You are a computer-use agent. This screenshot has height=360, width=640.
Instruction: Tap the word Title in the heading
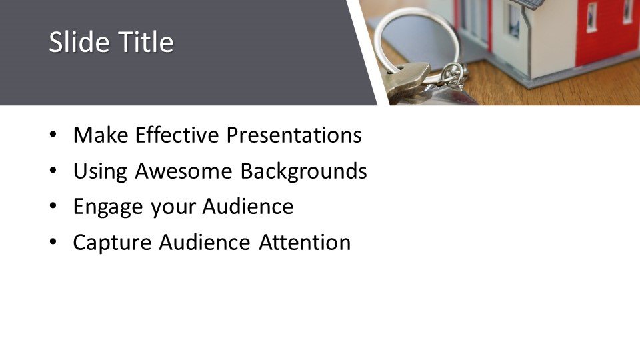point(146,42)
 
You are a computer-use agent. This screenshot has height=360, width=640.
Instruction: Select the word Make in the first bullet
point(101,135)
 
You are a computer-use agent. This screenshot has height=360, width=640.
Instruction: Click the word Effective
point(177,135)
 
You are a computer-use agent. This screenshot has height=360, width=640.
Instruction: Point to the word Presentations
point(294,135)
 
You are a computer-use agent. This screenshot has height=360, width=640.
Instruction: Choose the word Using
point(100,171)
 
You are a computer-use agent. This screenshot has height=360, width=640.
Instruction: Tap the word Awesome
point(184,171)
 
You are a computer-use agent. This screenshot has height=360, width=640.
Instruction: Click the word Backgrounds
point(304,171)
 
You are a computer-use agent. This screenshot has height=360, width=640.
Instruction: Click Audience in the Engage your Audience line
point(248,206)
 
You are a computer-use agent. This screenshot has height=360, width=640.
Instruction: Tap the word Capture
point(112,243)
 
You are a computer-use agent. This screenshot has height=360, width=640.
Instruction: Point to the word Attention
point(305,243)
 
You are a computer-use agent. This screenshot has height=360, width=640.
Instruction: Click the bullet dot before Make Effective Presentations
point(53,135)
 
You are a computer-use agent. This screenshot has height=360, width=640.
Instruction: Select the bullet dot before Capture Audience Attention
point(53,242)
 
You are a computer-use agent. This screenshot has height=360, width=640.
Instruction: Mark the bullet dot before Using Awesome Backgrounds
point(53,171)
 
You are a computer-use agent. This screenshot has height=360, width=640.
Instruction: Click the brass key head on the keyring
point(407,82)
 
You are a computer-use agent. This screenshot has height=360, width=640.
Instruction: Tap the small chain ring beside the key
point(453,75)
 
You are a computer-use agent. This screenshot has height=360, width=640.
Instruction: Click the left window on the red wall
point(591,17)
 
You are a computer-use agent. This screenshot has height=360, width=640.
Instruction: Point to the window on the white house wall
point(515,21)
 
